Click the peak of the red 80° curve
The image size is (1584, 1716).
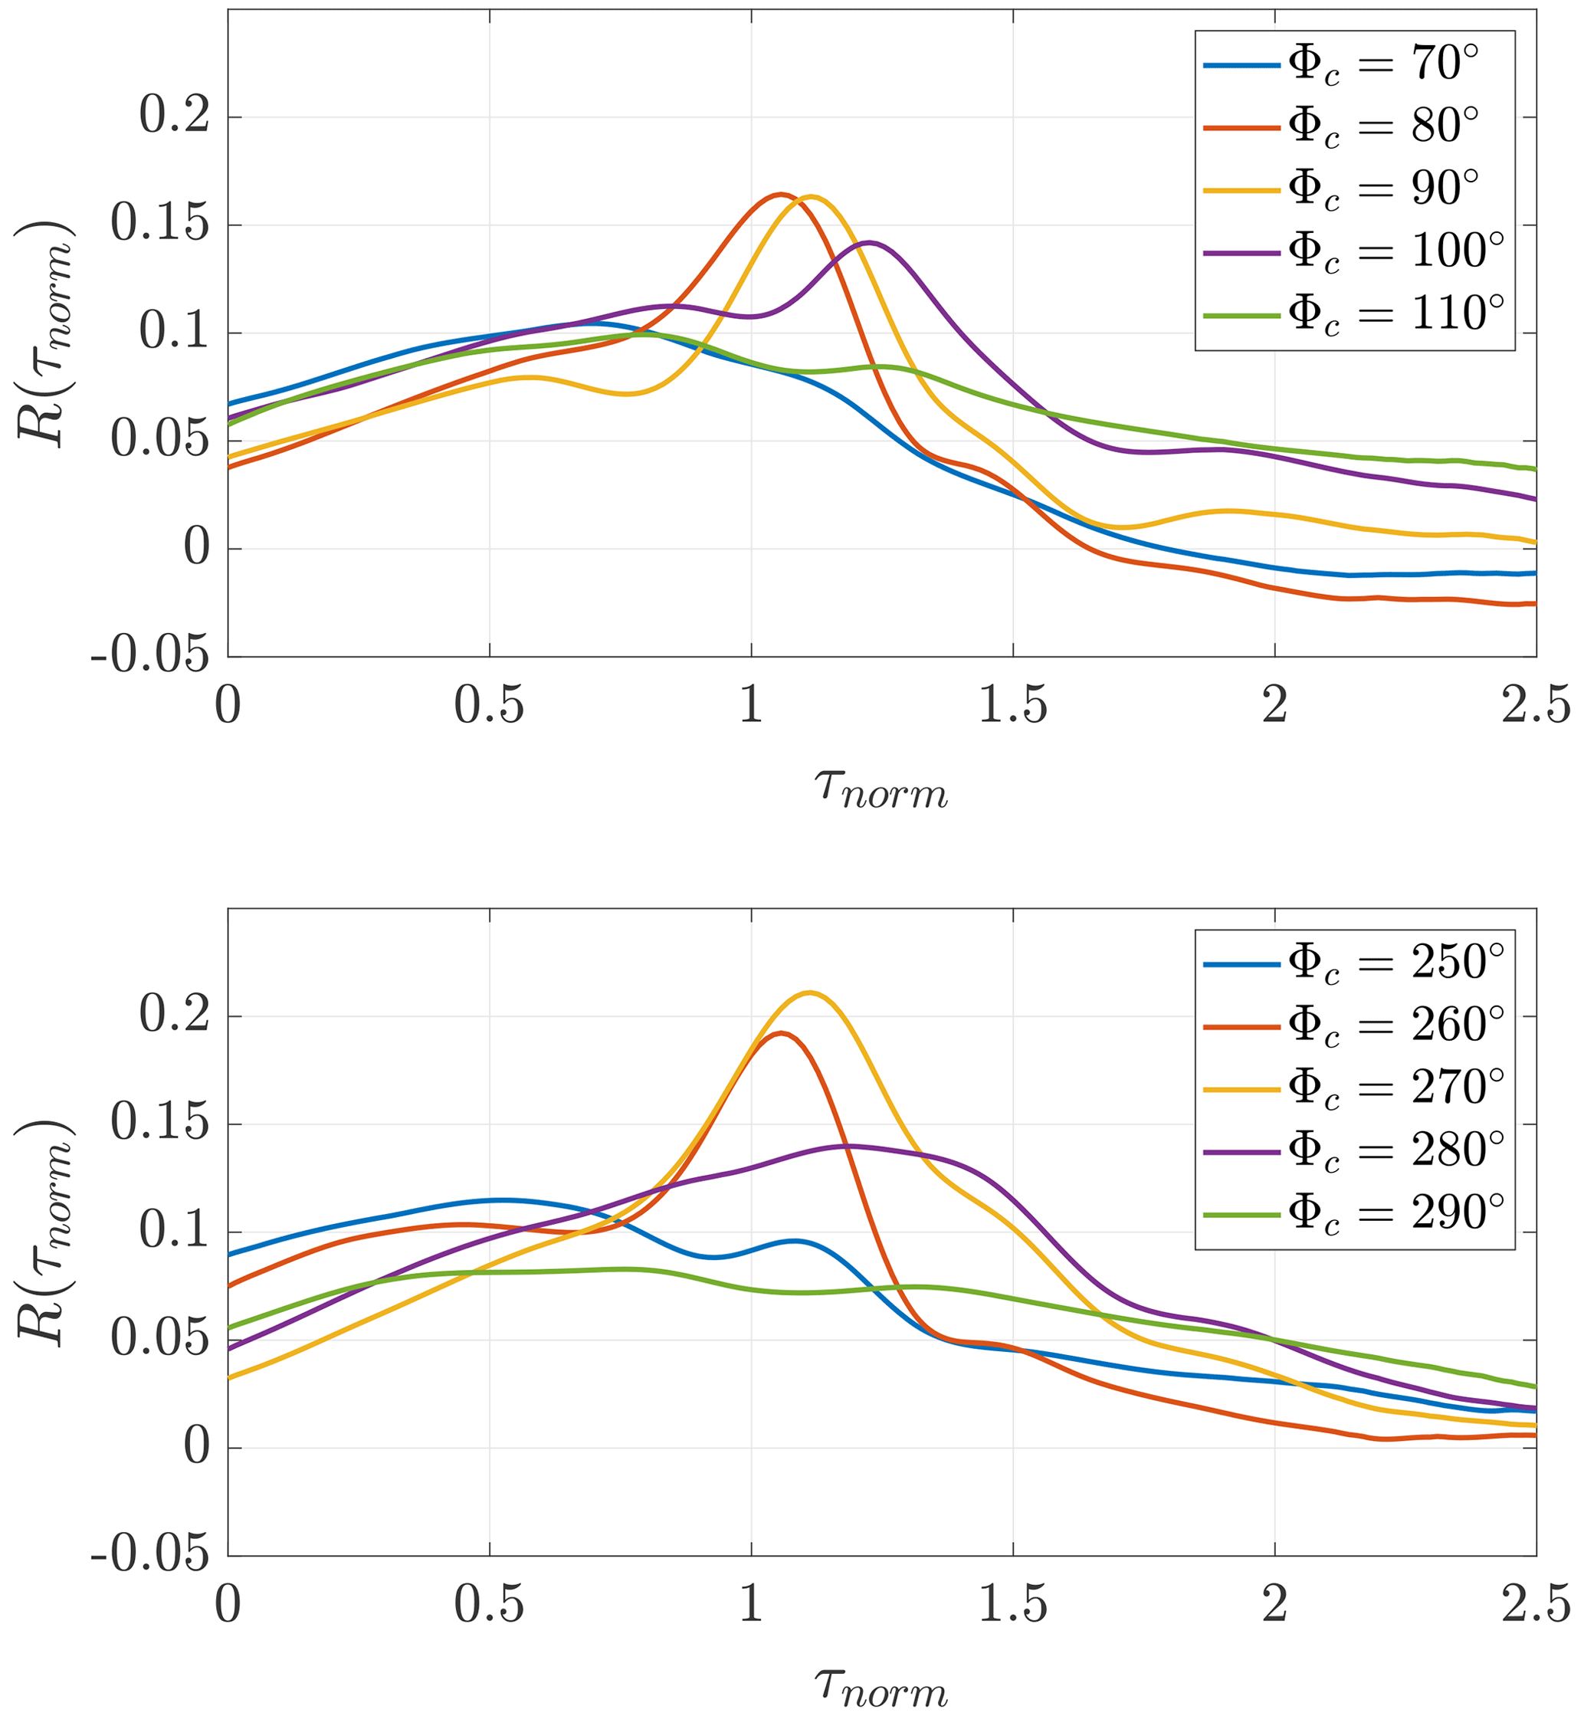coord(781,194)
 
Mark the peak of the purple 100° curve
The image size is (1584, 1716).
coord(869,243)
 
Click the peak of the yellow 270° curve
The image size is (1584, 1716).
coord(809,993)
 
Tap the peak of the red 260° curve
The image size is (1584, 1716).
coord(779,1033)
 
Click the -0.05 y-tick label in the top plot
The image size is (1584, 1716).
coord(150,658)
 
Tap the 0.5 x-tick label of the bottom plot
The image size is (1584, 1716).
coord(489,1606)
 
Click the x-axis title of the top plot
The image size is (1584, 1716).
coord(881,789)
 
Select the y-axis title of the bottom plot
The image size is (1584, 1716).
coord(44,1232)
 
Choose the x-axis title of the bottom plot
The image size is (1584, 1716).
coord(881,1688)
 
